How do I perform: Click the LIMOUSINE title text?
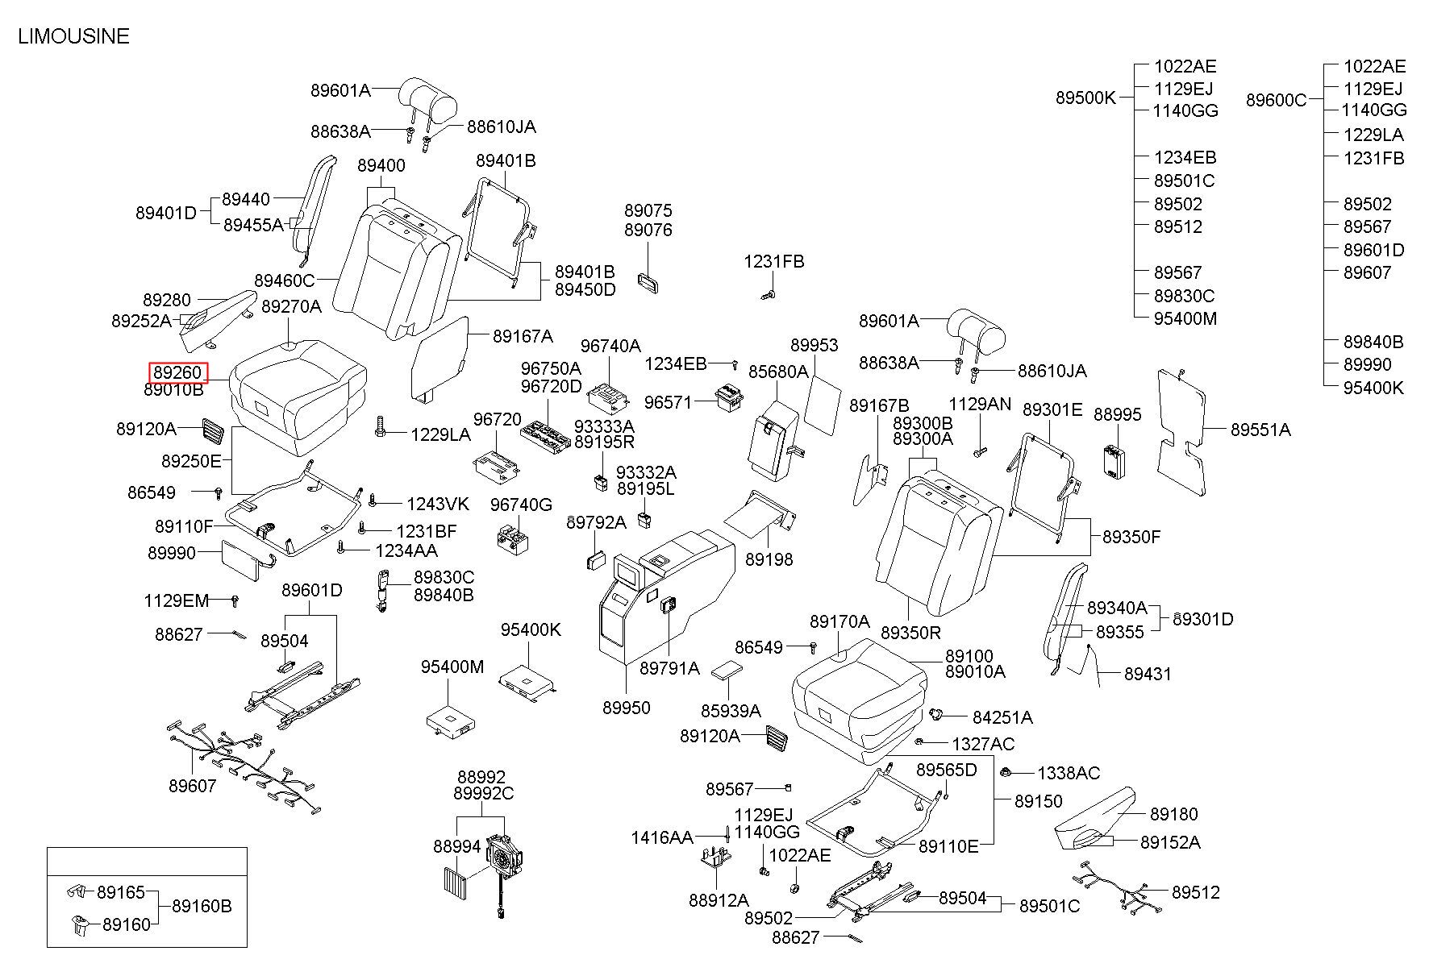(73, 36)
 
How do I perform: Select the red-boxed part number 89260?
(178, 372)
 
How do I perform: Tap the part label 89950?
(626, 708)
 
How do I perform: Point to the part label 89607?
(193, 786)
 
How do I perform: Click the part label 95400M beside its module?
(452, 667)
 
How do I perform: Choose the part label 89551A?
(1260, 430)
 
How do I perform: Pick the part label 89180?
(1174, 814)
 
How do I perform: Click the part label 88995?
(1118, 414)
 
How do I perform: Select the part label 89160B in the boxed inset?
(202, 906)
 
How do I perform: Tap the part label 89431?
(1148, 674)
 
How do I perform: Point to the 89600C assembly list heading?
(1276, 100)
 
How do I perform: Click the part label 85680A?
(778, 372)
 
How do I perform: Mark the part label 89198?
(769, 559)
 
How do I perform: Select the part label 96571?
(668, 401)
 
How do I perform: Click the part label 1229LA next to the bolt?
(440, 434)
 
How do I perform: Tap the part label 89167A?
(523, 336)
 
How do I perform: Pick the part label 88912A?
(719, 900)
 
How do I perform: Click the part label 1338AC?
(1069, 773)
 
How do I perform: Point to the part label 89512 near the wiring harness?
(1196, 892)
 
